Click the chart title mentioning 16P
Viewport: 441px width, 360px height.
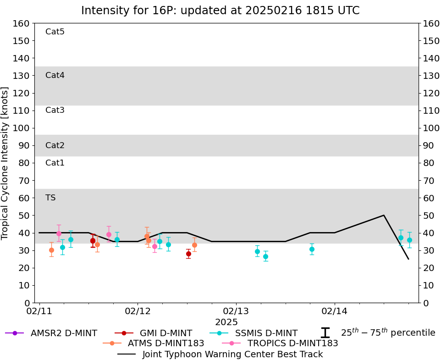click(220, 11)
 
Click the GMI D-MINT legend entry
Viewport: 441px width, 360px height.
click(166, 333)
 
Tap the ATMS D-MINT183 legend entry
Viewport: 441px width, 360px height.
click(165, 343)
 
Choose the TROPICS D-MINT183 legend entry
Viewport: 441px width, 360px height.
click(292, 343)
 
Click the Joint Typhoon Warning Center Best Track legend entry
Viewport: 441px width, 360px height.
click(232, 354)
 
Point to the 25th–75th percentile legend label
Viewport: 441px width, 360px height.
click(387, 333)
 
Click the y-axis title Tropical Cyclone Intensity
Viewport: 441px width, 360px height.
click(6, 163)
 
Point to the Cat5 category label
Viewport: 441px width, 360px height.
click(55, 32)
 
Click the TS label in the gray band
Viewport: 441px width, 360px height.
click(50, 198)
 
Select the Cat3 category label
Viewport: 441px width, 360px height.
click(55, 110)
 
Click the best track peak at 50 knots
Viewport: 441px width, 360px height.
click(384, 215)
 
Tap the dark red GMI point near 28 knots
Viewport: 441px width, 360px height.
click(188, 254)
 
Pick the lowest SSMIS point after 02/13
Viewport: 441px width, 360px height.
click(265, 256)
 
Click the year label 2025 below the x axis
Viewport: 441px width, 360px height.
click(226, 322)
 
